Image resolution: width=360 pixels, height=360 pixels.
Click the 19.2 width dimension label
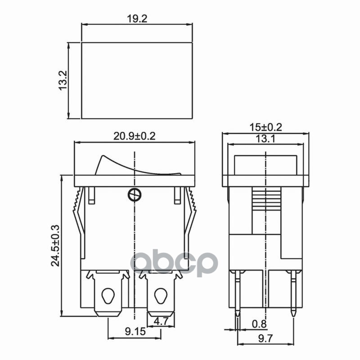(137, 19)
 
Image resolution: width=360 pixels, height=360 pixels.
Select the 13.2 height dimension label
(63, 81)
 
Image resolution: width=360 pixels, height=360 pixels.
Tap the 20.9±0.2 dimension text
(135, 136)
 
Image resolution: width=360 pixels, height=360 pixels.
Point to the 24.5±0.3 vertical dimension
(55, 246)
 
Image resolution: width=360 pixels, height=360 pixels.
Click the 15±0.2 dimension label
(265, 127)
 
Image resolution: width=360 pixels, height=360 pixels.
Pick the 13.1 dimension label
(265, 139)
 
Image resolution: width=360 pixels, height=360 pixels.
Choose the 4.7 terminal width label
(161, 321)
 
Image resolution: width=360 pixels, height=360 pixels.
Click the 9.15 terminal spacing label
(135, 332)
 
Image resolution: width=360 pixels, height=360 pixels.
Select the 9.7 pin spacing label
(265, 339)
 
